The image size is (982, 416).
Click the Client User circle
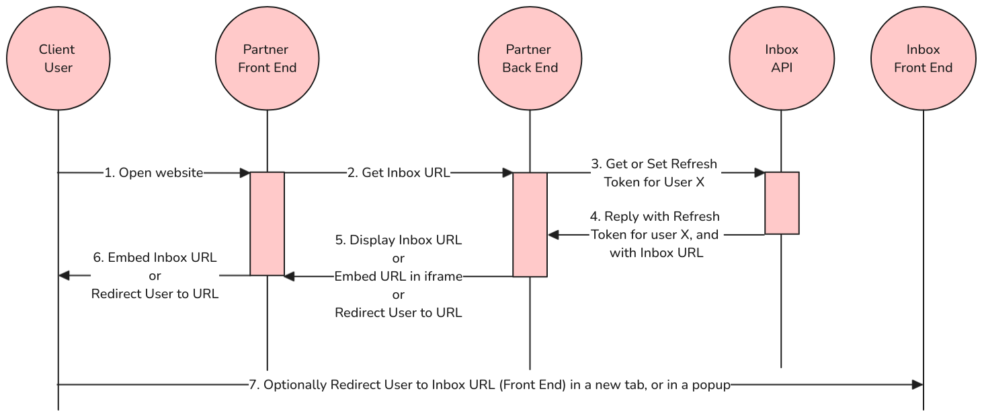click(x=58, y=59)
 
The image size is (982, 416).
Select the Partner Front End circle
click(x=267, y=59)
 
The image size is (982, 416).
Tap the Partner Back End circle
click(x=530, y=59)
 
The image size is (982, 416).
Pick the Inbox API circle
click(x=782, y=59)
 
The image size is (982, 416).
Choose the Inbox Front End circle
click(x=924, y=59)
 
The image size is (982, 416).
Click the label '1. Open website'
click(x=153, y=173)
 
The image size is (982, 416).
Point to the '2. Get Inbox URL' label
click(x=399, y=173)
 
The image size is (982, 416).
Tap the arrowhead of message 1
click(x=245, y=173)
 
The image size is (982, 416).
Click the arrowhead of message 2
click(x=507, y=173)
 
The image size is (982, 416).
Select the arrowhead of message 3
click(x=760, y=173)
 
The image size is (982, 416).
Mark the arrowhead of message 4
click(x=553, y=235)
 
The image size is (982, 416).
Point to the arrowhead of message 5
click(x=289, y=277)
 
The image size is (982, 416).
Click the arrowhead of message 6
click(x=64, y=275)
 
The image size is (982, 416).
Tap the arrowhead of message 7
click(x=917, y=385)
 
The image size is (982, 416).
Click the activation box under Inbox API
click(x=782, y=203)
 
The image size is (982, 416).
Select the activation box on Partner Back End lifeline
click(x=530, y=225)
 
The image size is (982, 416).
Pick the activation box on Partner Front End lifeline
click(x=267, y=223)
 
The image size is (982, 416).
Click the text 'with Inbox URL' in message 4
click(x=656, y=253)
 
